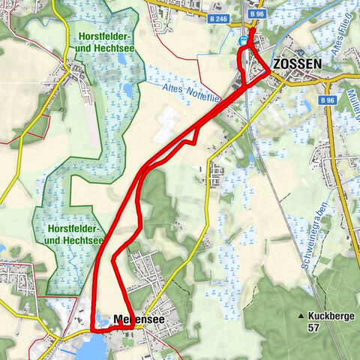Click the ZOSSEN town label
pos(298,64)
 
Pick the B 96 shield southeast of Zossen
pos(326,99)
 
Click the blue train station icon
pos(244,43)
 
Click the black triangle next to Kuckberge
pos(300,316)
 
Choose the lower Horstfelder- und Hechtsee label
pos(73,233)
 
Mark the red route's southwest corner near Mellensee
pos(92,328)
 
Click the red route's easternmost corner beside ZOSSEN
pos(268,72)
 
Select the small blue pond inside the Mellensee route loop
pos(101,319)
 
